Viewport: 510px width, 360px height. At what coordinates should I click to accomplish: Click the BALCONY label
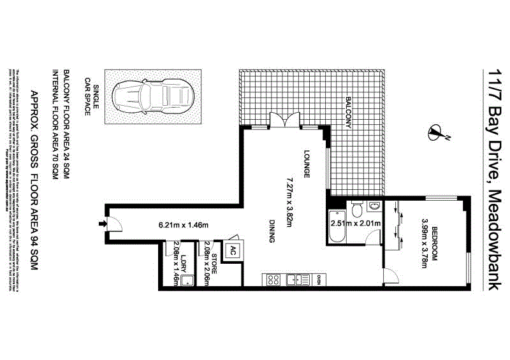(x=349, y=113)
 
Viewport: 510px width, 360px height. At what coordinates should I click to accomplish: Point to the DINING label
(x=272, y=232)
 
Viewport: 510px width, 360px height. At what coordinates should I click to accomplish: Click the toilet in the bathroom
(x=357, y=208)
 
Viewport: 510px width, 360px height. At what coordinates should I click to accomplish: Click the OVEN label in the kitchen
(x=319, y=279)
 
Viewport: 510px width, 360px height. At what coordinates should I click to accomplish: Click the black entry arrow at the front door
(x=101, y=224)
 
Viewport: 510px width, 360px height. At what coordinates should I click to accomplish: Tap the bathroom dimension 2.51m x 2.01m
(x=355, y=224)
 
